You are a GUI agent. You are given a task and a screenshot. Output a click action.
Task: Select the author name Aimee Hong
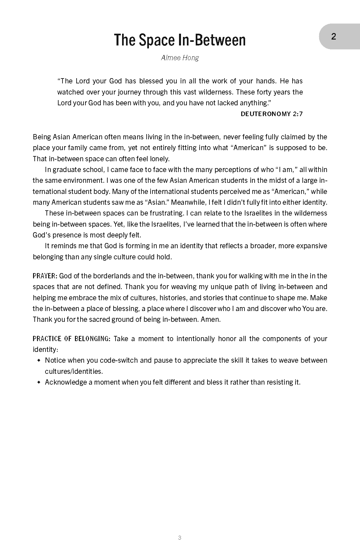[x=180, y=58]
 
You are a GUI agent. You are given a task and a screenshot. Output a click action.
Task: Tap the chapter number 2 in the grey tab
[x=333, y=37]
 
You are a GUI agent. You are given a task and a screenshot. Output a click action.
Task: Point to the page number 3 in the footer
[x=179, y=538]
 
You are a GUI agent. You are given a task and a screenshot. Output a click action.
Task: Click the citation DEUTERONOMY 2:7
[x=271, y=114]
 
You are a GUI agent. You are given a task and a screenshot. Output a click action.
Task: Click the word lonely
[x=159, y=159]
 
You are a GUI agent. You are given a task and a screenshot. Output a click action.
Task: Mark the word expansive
[x=311, y=246]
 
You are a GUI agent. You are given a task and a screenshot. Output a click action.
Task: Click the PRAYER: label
[x=45, y=276]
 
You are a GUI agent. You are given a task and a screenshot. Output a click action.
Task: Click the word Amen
[x=210, y=319]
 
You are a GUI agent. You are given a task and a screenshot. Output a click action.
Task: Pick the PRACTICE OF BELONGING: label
[x=72, y=339]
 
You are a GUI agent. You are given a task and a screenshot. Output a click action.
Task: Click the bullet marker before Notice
[x=39, y=360]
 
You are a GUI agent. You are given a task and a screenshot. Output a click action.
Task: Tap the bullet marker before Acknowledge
[x=39, y=382]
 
